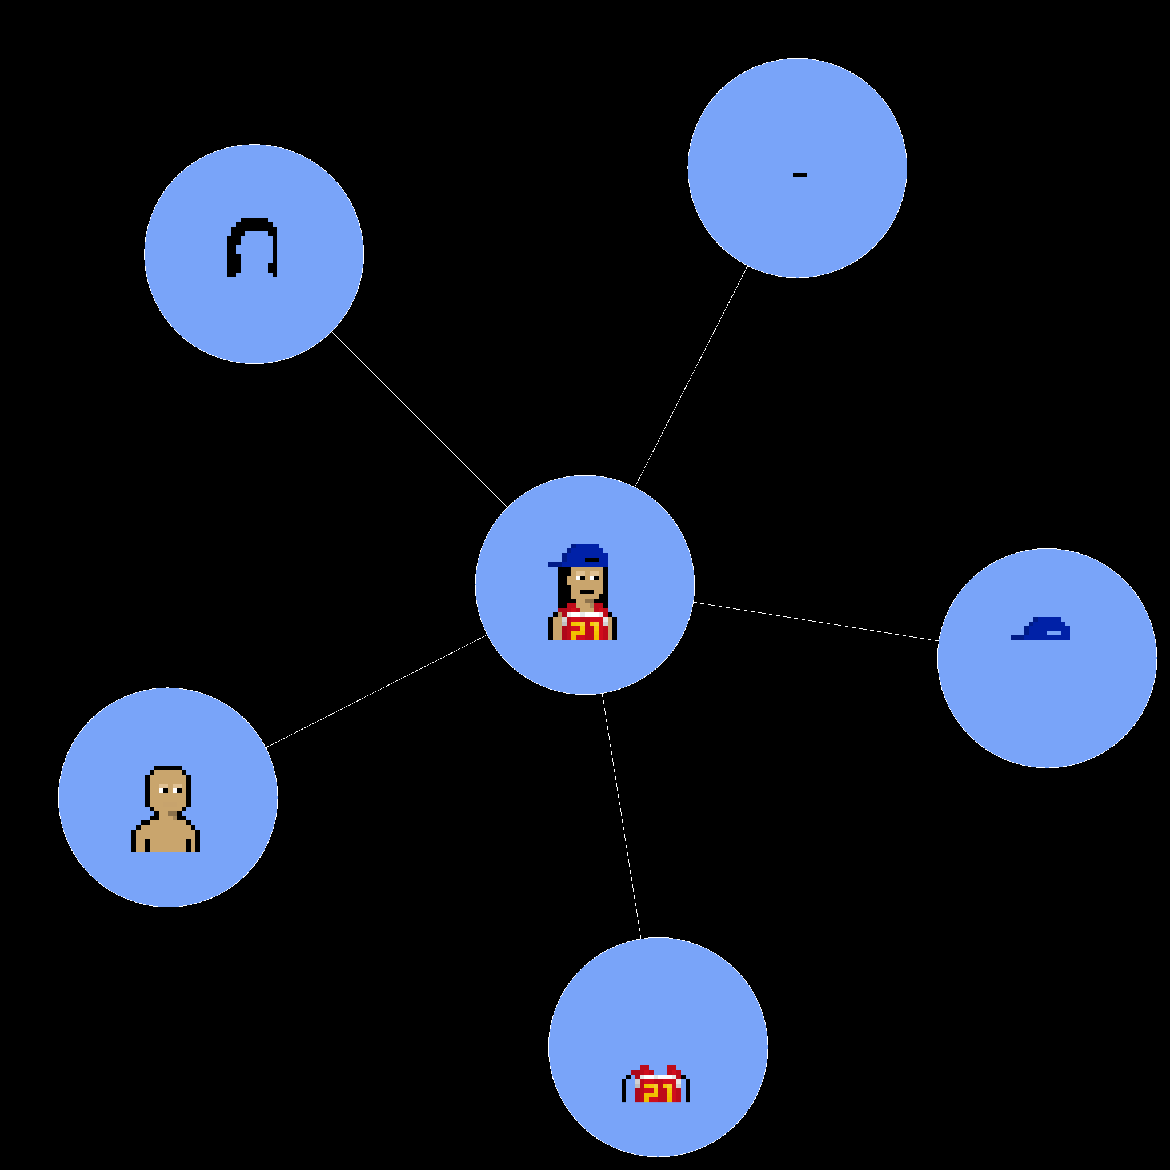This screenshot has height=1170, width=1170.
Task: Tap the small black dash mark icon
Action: click(x=799, y=175)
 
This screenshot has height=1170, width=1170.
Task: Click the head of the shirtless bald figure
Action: click(x=168, y=788)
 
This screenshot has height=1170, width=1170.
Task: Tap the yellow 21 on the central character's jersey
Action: click(x=585, y=630)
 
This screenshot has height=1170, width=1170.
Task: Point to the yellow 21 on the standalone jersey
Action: click(x=658, y=1092)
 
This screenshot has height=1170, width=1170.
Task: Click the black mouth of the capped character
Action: click(x=587, y=592)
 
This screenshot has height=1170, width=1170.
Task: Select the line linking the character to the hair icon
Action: click(x=419, y=420)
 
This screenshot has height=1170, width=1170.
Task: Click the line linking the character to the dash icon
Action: click(x=691, y=376)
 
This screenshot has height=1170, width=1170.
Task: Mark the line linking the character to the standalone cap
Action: click(x=816, y=622)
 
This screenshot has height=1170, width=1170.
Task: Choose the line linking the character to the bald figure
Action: click(x=376, y=692)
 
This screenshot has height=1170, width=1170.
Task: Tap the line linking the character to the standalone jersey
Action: click(x=622, y=816)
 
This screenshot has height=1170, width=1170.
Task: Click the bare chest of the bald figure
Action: click(x=165, y=836)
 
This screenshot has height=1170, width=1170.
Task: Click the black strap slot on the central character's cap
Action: click(x=592, y=559)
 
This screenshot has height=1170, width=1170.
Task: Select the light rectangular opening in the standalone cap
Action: click(x=1053, y=633)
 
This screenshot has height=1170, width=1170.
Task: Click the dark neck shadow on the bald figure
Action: click(x=174, y=815)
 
